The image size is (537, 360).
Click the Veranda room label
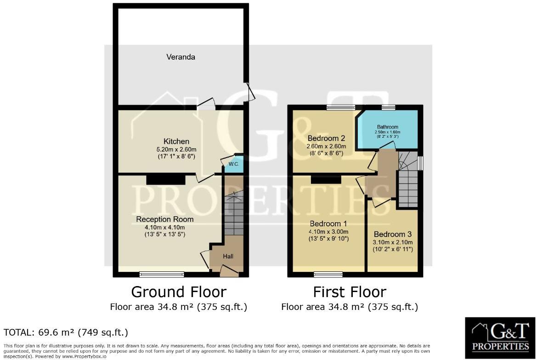click(x=181, y=57)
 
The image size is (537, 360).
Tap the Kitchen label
click(x=176, y=141)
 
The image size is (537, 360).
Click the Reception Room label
click(x=164, y=219)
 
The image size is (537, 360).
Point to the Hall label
click(x=228, y=256)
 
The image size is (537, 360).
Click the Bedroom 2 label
click(x=326, y=138)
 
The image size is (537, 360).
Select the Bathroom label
click(x=388, y=127)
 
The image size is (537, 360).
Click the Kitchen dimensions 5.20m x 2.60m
click(x=174, y=149)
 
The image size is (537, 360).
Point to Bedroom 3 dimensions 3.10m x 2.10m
click(x=393, y=242)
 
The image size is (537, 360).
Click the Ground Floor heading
click(x=179, y=292)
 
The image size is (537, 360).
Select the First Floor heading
click(x=350, y=292)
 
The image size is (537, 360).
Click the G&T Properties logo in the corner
click(x=500, y=337)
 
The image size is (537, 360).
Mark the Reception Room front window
click(x=162, y=275)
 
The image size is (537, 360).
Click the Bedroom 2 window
click(x=341, y=107)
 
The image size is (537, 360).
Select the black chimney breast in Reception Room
click(x=166, y=179)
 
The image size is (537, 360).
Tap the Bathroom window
click(x=388, y=107)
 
